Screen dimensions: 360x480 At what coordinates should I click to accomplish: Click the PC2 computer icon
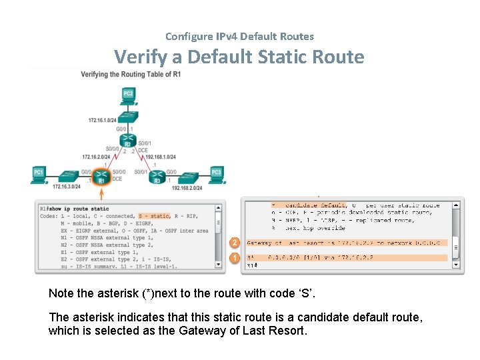click(x=128, y=95)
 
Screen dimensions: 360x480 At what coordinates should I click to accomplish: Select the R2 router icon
click(x=129, y=141)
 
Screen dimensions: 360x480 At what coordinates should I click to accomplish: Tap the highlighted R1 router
click(x=101, y=178)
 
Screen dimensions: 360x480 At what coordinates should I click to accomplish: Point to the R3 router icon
click(x=157, y=178)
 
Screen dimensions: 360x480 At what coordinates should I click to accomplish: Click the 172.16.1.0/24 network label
click(x=102, y=120)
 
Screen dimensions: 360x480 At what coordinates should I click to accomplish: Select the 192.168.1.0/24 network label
click(x=161, y=157)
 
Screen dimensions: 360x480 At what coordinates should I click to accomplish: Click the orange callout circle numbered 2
click(x=235, y=243)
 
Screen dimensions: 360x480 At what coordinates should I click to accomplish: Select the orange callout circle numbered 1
click(x=235, y=257)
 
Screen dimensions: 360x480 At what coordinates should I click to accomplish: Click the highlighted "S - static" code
click(x=154, y=216)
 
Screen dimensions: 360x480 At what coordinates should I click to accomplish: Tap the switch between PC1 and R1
click(x=68, y=177)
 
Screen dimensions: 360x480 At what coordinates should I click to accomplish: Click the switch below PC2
click(x=128, y=115)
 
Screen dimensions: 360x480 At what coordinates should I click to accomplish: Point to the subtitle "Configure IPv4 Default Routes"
click(x=239, y=37)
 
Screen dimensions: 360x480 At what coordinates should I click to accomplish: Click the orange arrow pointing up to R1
click(x=101, y=194)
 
